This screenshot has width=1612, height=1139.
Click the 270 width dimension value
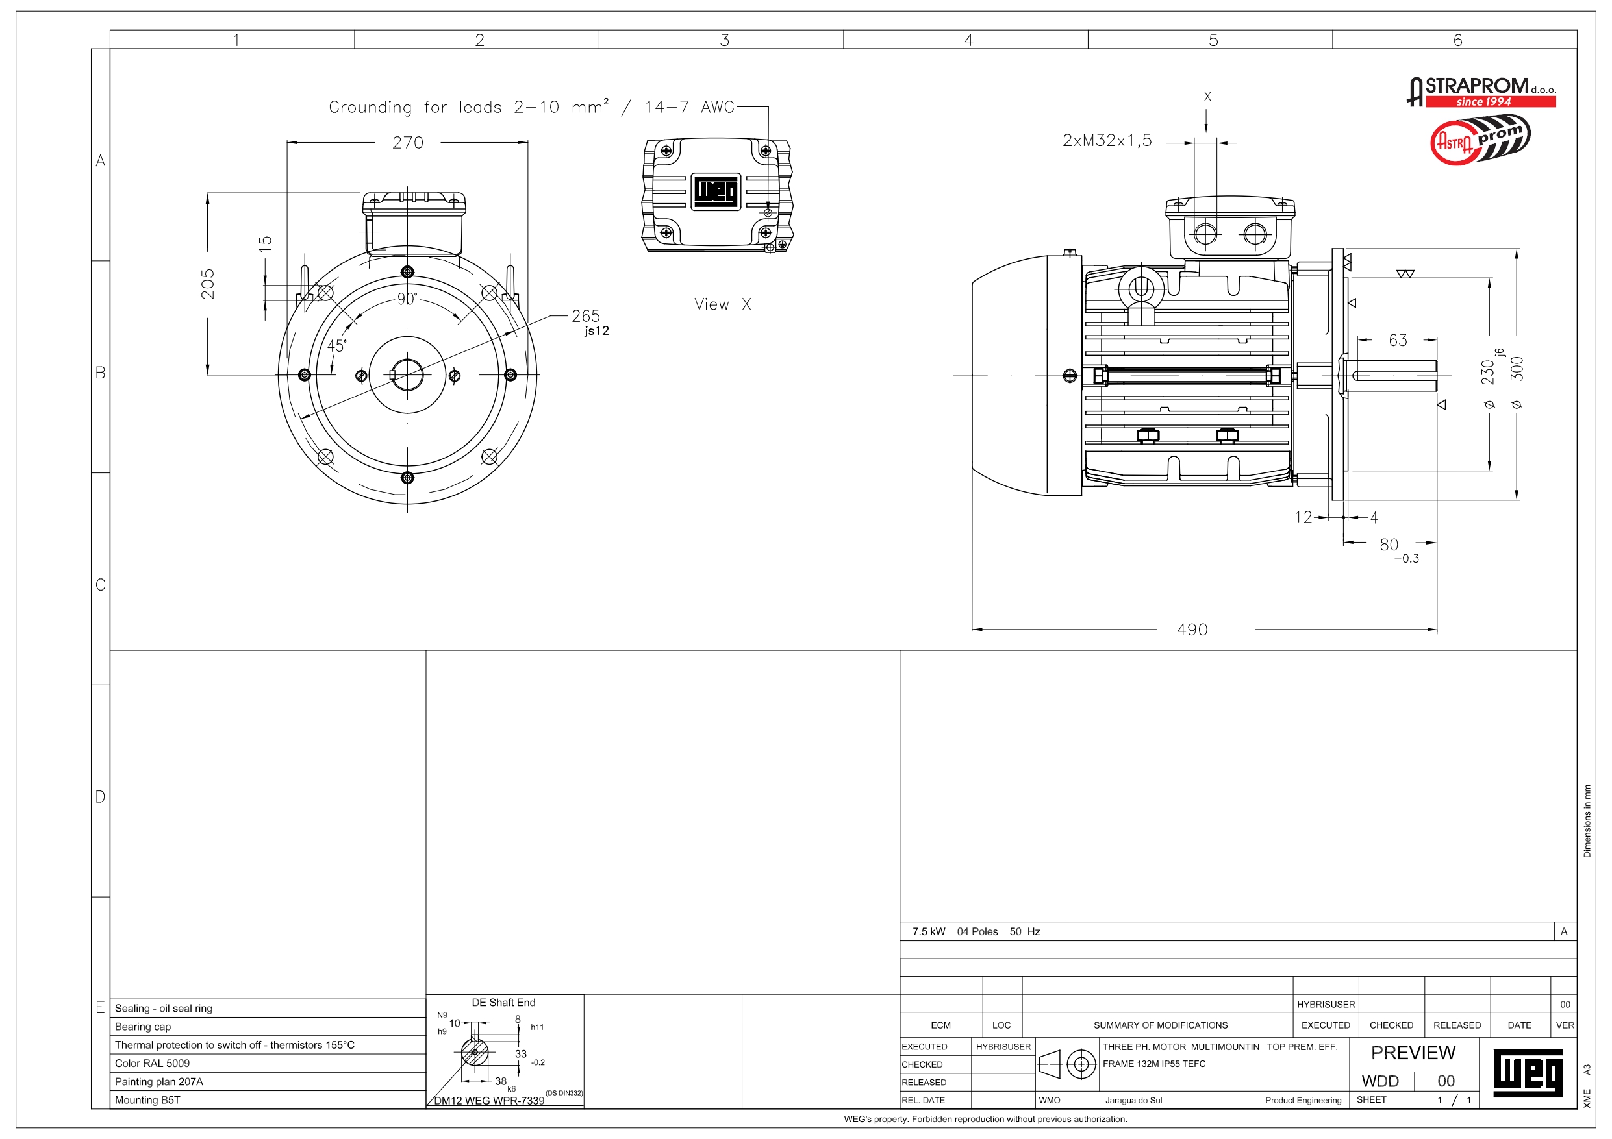tap(407, 143)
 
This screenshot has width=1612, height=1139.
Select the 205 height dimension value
tap(208, 284)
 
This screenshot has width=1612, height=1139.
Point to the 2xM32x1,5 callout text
tap(1107, 140)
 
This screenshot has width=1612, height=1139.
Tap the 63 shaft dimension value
tap(1397, 340)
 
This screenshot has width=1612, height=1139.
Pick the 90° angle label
tap(407, 299)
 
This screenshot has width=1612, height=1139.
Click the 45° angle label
tap(336, 345)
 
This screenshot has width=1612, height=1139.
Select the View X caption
tap(722, 304)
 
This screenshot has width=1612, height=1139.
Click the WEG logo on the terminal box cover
tap(716, 191)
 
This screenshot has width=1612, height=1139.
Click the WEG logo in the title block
tap(1527, 1072)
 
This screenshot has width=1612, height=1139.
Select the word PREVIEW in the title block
tap(1413, 1053)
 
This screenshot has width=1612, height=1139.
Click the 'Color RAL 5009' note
tap(153, 1063)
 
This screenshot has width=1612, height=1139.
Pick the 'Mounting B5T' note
tap(147, 1099)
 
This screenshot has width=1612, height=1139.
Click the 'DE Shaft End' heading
tap(503, 1002)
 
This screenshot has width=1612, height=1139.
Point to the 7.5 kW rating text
tap(928, 931)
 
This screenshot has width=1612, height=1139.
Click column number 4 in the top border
tap(968, 40)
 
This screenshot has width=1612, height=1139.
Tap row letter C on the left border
tap(101, 585)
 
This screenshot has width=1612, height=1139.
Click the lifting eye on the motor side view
tap(1140, 288)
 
